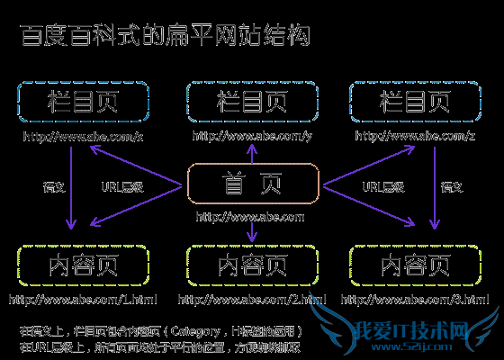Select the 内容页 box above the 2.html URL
[x=252, y=266]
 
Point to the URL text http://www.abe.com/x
[x=83, y=137]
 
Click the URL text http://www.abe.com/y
[x=251, y=137]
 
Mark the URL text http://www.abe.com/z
[x=415, y=137]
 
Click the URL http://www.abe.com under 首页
[x=251, y=217]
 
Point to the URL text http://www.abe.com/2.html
[x=252, y=299]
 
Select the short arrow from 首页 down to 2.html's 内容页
[x=252, y=233]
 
